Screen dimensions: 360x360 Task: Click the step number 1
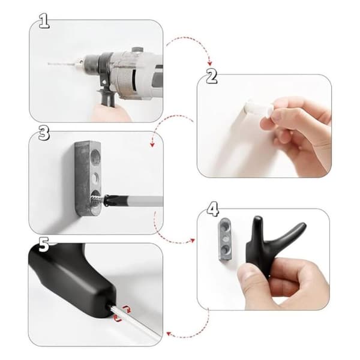point(44,21)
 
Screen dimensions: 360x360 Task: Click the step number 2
point(211,76)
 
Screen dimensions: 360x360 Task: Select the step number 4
point(212,209)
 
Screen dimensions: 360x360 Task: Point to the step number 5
point(44,245)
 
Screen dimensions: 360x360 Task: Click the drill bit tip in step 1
point(49,64)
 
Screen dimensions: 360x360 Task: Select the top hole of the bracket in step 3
point(95,157)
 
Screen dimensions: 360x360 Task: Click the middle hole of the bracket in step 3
point(95,178)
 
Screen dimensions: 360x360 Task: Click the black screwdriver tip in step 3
point(111,200)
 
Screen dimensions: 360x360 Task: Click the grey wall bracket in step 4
point(224,239)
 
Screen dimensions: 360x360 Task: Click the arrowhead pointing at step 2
point(209,64)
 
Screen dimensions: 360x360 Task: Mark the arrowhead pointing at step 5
point(169,334)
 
